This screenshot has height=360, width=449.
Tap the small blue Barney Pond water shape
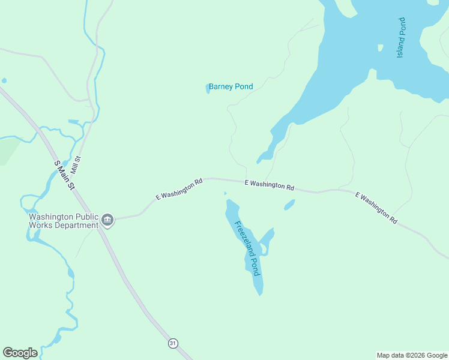[208, 88]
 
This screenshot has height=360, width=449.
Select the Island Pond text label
[401, 38]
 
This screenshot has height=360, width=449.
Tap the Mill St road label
[76, 165]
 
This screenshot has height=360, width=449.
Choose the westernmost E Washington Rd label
[179, 188]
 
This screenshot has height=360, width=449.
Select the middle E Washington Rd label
[269, 185]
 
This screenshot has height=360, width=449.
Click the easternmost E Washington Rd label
[376, 208]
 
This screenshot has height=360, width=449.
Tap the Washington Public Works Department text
[64, 221]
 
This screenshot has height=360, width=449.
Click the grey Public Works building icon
[107, 220]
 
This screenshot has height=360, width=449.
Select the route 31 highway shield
[173, 343]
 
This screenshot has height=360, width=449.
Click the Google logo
[20, 353]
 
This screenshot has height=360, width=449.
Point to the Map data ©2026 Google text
[412, 355]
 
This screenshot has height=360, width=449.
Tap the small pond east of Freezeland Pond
[289, 205]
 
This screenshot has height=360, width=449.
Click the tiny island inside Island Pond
[380, 47]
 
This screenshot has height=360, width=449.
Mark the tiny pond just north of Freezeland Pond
[226, 193]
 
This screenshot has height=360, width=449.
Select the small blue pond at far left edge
[4, 80]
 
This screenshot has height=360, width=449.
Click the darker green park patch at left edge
[7, 153]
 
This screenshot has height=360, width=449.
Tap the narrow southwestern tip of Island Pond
[262, 160]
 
